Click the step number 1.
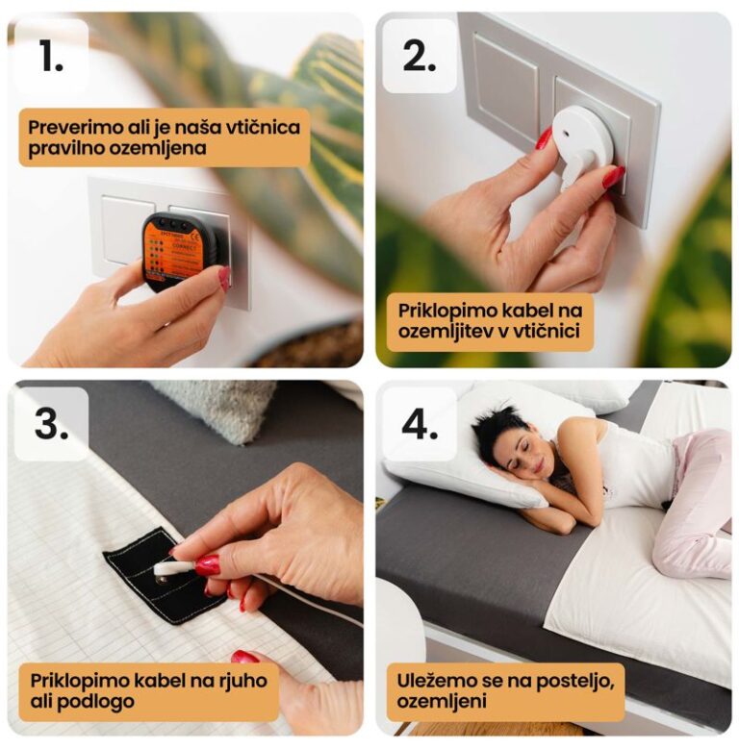[51, 56]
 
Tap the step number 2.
[420, 56]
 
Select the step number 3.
[51, 424]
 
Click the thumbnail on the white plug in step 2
[544, 138]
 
